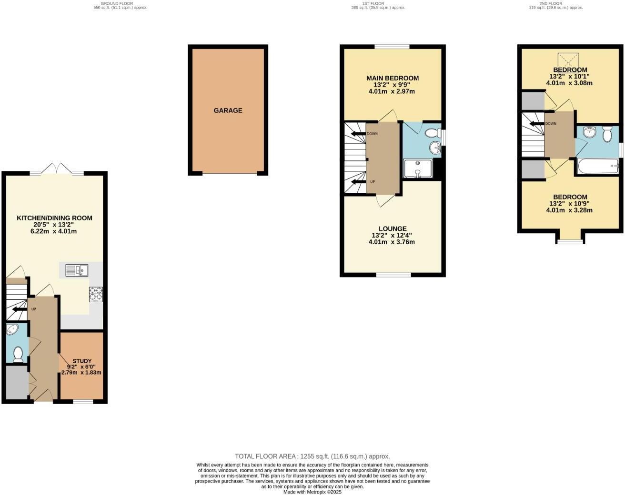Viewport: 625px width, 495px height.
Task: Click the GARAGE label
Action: pos(228,110)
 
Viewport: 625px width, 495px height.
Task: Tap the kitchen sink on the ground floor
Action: pos(77,270)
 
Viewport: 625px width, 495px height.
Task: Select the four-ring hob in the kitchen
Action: pos(96,295)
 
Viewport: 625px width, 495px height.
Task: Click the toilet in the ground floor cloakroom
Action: pos(18,354)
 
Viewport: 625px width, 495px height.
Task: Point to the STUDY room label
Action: pos(82,361)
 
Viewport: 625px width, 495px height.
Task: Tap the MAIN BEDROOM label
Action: pos(393,78)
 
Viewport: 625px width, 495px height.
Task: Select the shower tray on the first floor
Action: pos(417,169)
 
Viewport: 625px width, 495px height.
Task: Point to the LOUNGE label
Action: pos(393,229)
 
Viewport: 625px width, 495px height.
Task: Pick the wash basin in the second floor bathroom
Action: pos(588,132)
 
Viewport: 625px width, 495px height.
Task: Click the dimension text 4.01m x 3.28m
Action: pos(570,210)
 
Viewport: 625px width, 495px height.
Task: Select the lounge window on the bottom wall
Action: pos(393,275)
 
